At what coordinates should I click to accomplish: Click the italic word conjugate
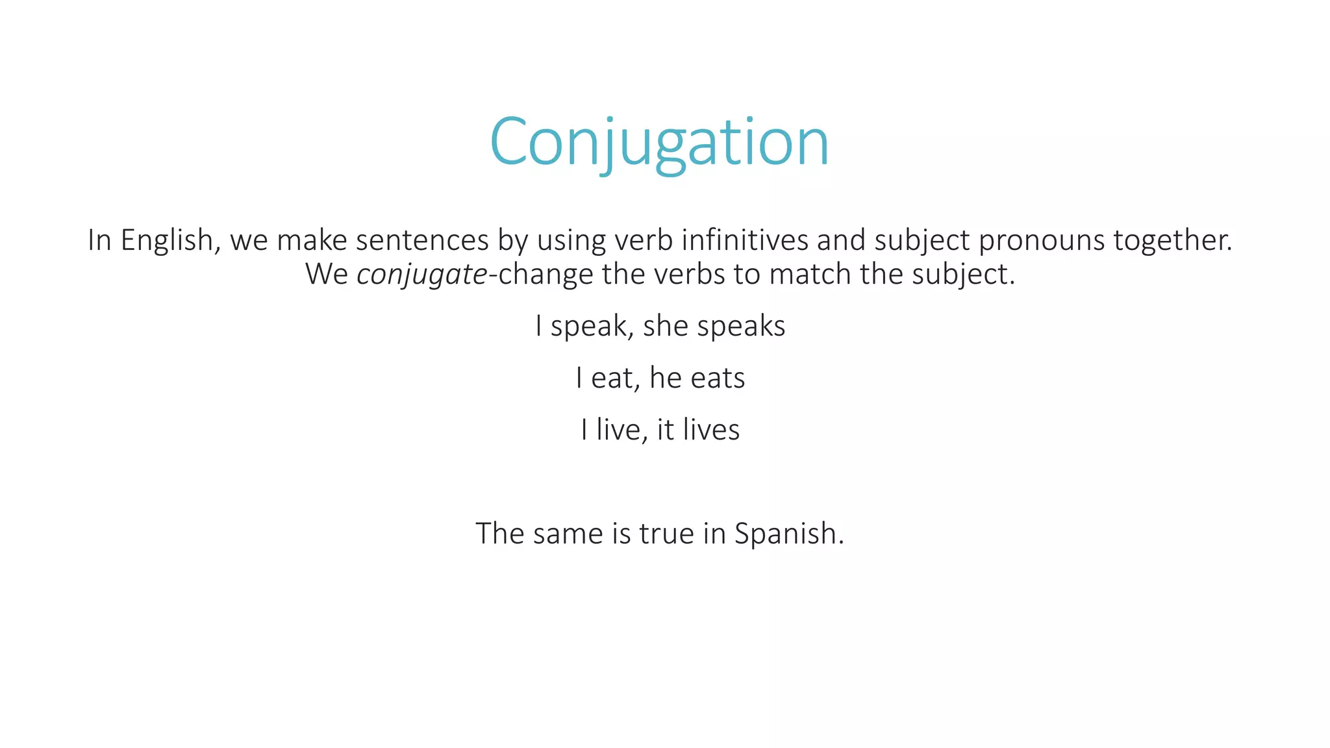(422, 275)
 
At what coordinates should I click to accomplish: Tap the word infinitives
(745, 240)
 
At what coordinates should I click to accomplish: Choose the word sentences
(422, 240)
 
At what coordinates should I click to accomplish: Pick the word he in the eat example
(666, 378)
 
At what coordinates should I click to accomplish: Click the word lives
(711, 430)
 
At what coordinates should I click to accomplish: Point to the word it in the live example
(666, 430)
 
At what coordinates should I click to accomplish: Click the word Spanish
(788, 534)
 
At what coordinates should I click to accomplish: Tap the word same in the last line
(568, 534)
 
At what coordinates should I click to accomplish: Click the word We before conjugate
(327, 275)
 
